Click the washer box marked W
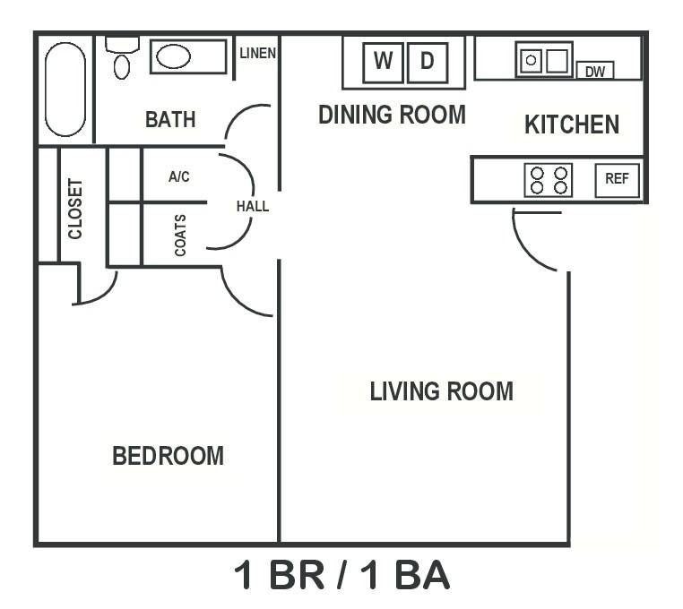point(383,62)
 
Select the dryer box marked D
point(428,62)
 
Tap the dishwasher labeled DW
point(594,71)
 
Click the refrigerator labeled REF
point(617,179)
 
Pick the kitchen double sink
point(544,60)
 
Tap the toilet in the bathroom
point(122,59)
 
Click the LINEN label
point(257,54)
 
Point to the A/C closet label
point(179,177)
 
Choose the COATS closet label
point(180,236)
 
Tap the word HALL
point(253,206)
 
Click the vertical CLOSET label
point(75,209)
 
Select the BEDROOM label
point(168,456)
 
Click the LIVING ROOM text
point(441,391)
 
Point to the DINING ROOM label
point(392,115)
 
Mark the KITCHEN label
point(571,124)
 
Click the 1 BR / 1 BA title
point(341,576)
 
